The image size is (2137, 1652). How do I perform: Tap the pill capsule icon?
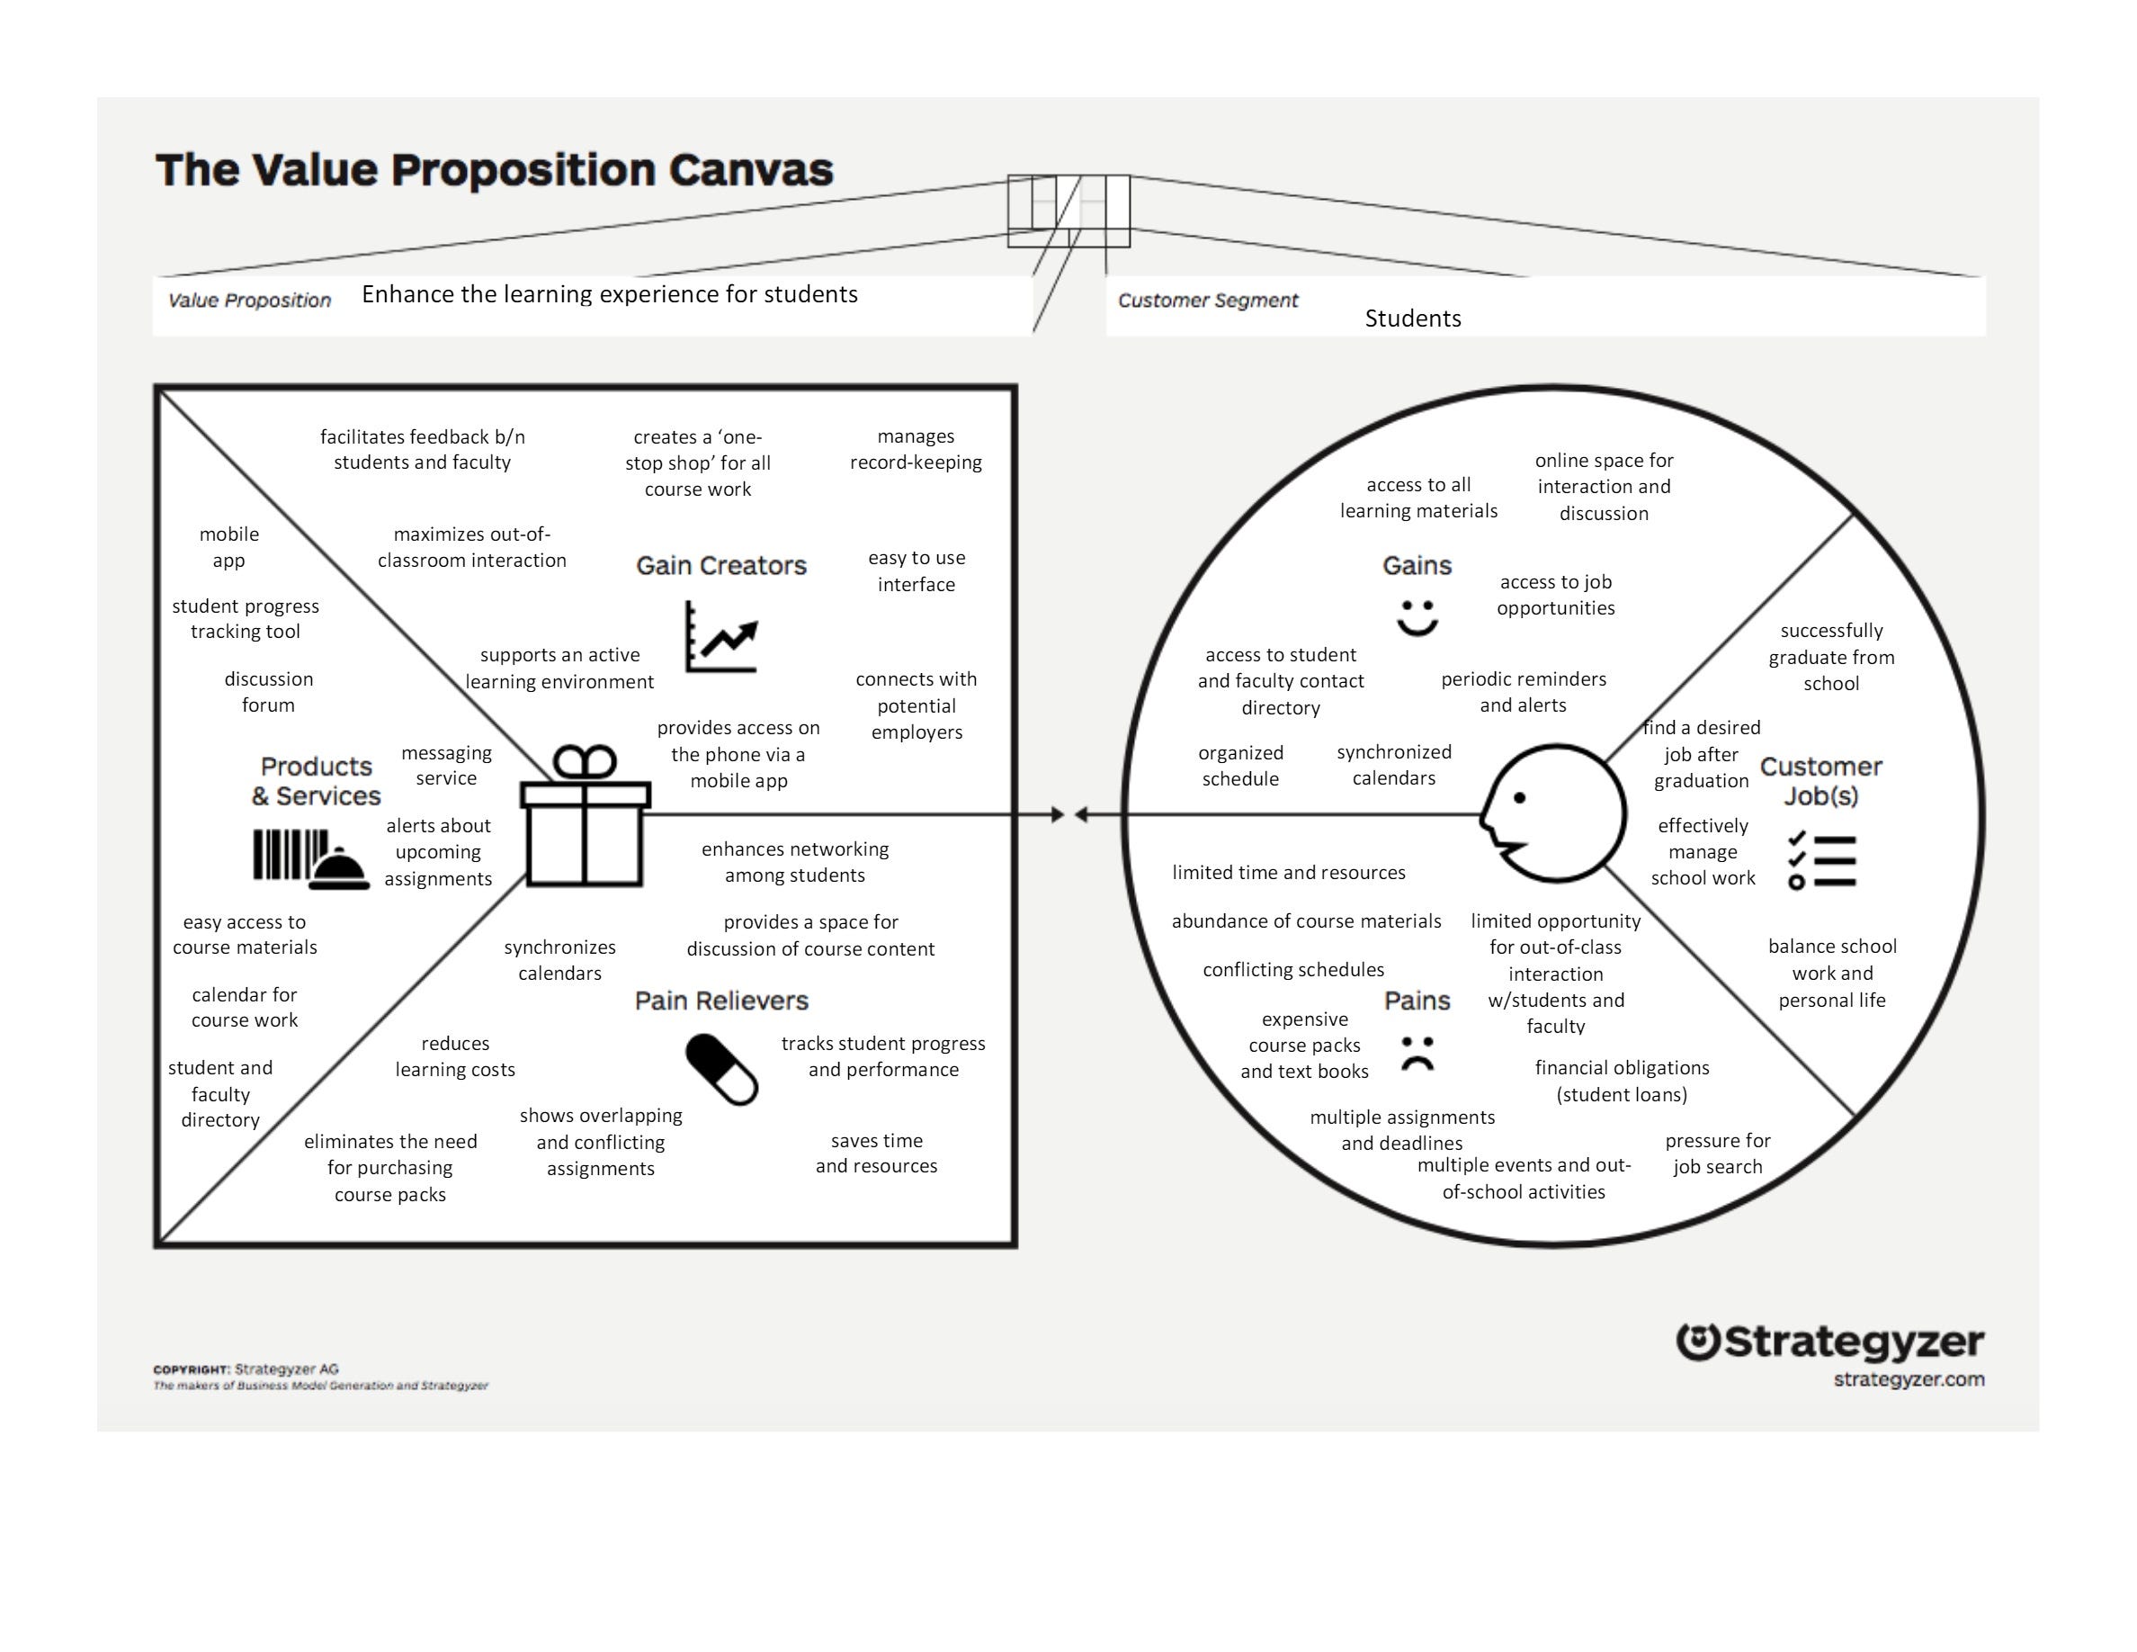tap(722, 1070)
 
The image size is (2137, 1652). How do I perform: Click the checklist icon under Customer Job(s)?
tap(1821, 860)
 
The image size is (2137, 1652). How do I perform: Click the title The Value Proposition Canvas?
tap(494, 170)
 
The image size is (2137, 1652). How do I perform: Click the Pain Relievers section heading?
tap(722, 1001)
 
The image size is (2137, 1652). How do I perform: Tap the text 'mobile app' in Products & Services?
tap(229, 547)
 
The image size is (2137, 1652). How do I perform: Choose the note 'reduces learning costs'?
tap(455, 1057)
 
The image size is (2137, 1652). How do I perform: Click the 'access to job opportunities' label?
tap(1556, 595)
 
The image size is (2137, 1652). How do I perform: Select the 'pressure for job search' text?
tap(1717, 1154)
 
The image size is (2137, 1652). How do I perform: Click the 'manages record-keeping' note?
tap(916, 449)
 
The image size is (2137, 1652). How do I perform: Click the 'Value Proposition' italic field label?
tap(249, 301)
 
